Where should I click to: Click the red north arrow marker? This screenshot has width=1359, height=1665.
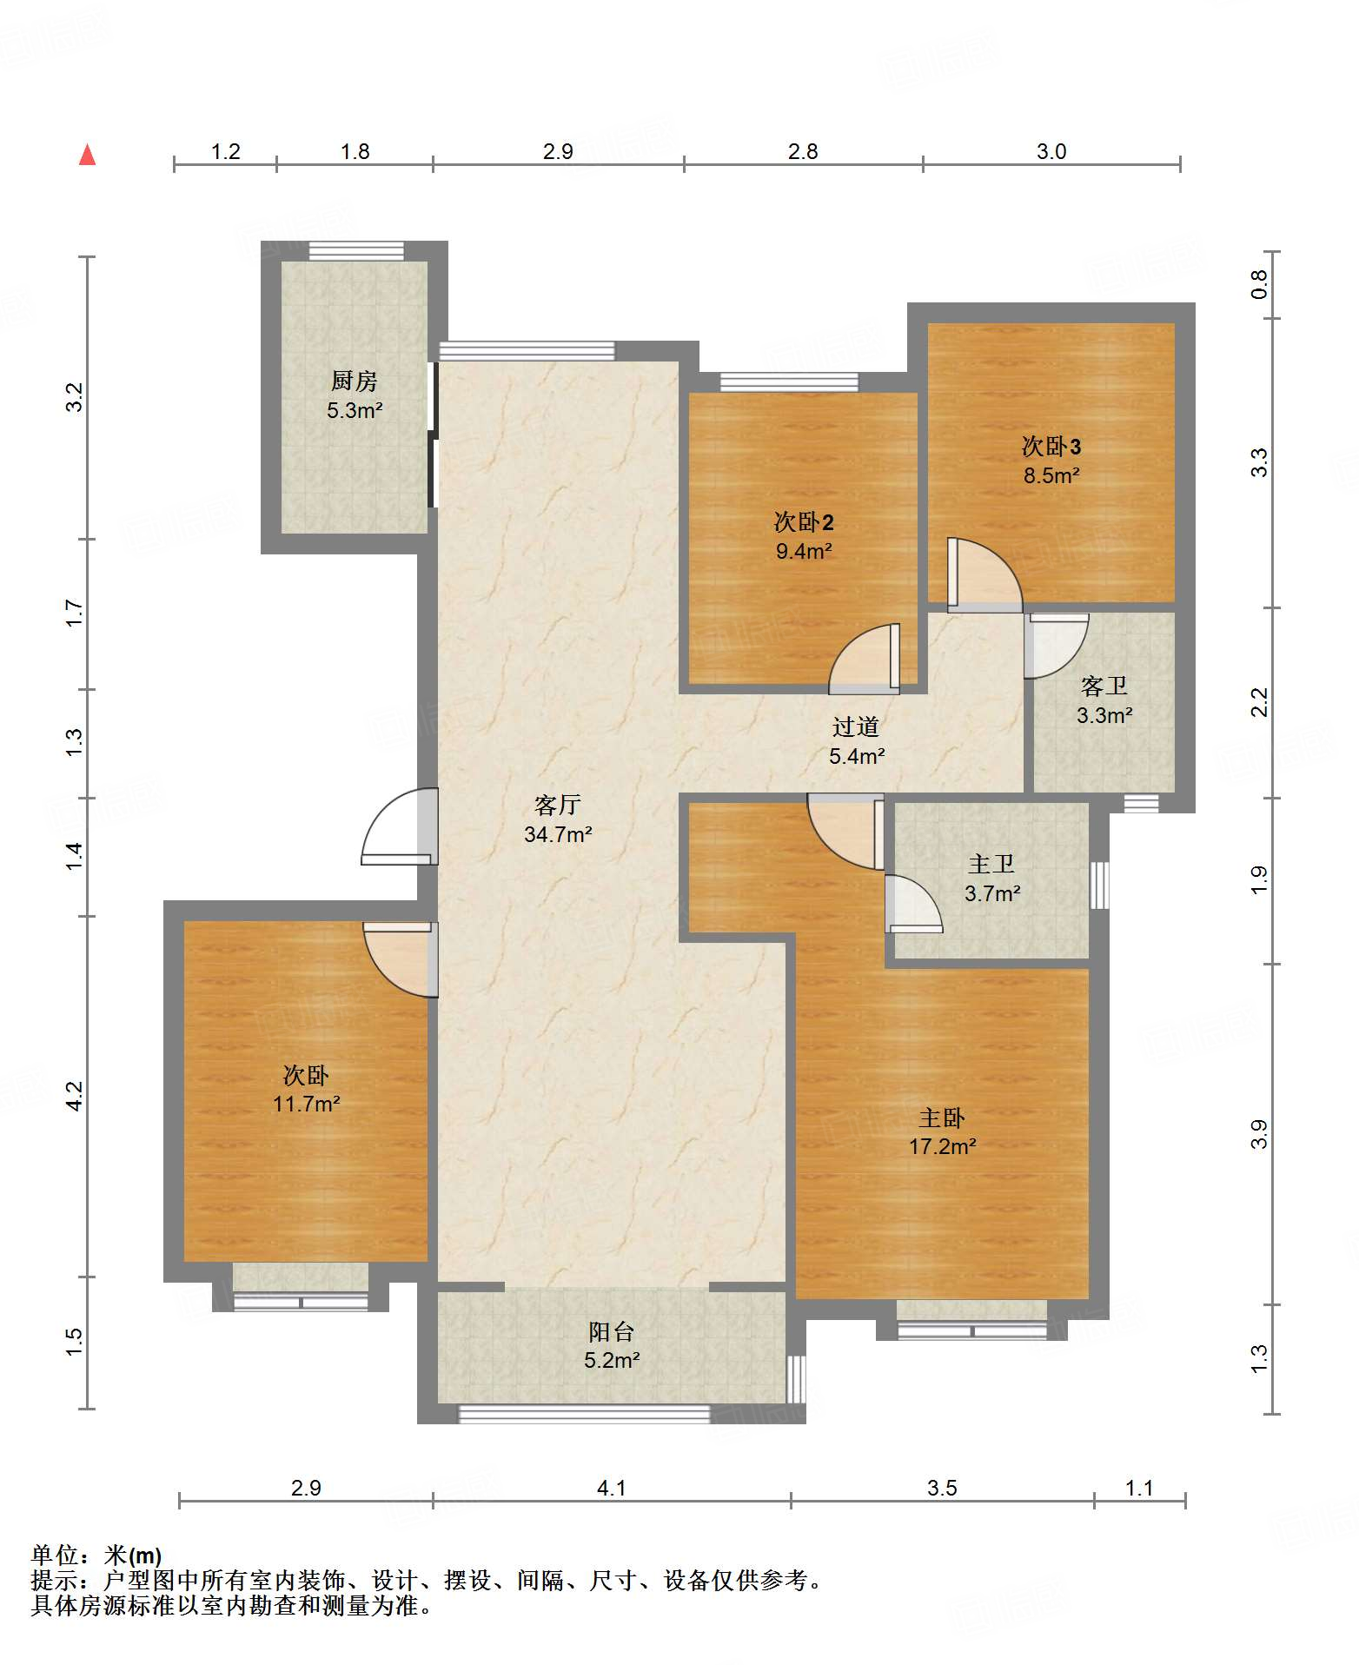click(87, 155)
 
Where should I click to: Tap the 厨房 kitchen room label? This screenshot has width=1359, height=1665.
click(355, 381)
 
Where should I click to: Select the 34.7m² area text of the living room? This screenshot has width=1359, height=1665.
click(558, 834)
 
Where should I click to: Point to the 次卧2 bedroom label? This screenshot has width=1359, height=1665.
click(804, 521)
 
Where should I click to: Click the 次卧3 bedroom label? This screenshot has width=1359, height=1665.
click(1051, 447)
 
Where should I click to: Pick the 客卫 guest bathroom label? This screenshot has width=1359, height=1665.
click(1104, 687)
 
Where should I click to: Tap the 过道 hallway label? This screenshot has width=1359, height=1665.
click(856, 726)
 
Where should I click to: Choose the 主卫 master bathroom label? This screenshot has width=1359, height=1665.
click(991, 864)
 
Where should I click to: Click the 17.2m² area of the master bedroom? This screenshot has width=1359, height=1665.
click(943, 1146)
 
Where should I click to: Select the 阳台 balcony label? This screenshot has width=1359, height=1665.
click(612, 1331)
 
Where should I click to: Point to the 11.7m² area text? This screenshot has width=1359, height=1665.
click(306, 1104)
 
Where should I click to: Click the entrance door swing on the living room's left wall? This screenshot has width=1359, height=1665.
click(399, 826)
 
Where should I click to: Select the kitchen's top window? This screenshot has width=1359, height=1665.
click(356, 250)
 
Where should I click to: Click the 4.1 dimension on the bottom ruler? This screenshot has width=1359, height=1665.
click(611, 1488)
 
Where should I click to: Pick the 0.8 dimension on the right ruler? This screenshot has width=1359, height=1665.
click(1259, 285)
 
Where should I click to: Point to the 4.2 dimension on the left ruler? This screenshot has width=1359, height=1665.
click(75, 1096)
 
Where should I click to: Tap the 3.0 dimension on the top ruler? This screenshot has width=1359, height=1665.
click(1051, 151)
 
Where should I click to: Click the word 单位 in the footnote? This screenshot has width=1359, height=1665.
click(55, 1556)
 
